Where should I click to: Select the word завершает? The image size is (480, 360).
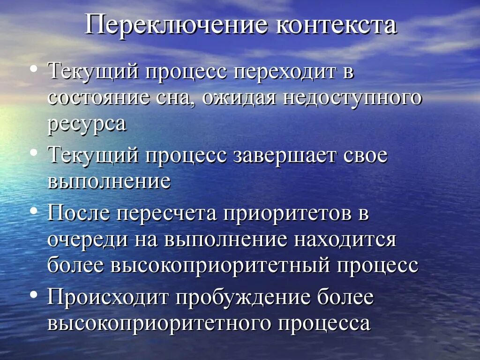pyautogui.click(x=284, y=155)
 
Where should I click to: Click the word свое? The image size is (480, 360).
pyautogui.click(x=364, y=155)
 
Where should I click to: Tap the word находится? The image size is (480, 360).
pyautogui.click(x=345, y=240)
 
